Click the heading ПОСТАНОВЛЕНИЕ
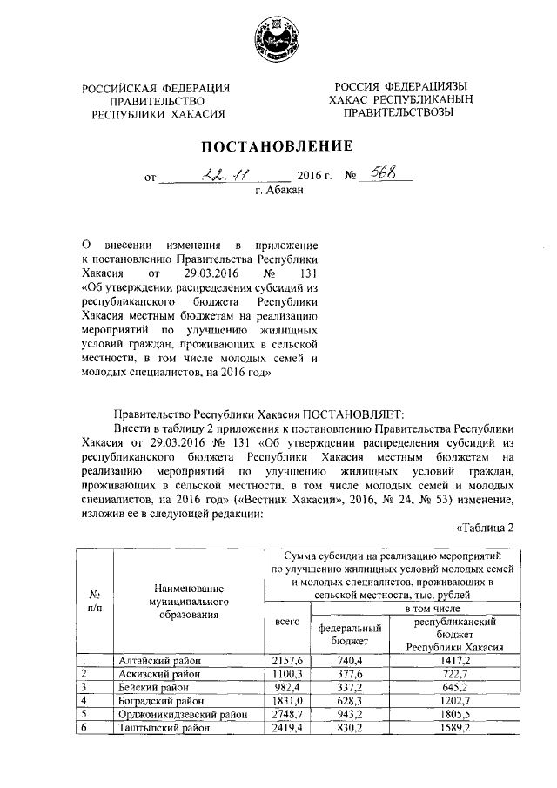[278, 145]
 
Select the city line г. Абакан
[278, 188]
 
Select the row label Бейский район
[155, 686]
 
